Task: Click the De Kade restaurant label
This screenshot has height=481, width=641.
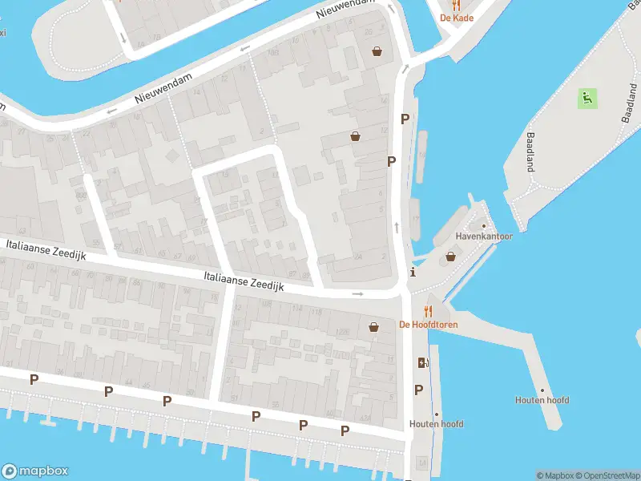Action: click(455, 18)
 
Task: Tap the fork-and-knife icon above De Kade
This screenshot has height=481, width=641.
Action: click(455, 5)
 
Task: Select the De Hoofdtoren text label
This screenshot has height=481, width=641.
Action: click(428, 325)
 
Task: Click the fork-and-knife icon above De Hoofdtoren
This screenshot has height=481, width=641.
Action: click(428, 311)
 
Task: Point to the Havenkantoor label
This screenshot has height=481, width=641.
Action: click(484, 236)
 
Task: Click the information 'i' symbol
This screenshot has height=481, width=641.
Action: click(413, 272)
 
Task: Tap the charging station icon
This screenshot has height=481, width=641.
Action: click(422, 362)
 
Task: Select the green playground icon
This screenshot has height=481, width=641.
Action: click(587, 99)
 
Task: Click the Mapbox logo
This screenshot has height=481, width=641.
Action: click(34, 471)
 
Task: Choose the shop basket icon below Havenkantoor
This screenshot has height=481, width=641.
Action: click(450, 257)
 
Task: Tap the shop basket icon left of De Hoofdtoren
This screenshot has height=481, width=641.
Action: click(373, 326)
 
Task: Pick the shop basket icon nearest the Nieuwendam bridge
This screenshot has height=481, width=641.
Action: click(377, 52)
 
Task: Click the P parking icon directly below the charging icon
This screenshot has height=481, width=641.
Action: click(418, 390)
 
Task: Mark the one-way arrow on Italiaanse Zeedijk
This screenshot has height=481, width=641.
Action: click(357, 293)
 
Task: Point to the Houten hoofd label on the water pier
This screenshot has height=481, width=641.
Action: click(542, 400)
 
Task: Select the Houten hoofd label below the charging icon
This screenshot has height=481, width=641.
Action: click(436, 424)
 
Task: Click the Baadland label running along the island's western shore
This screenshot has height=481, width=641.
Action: click(530, 152)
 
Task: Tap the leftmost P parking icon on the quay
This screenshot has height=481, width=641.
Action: click(34, 379)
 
